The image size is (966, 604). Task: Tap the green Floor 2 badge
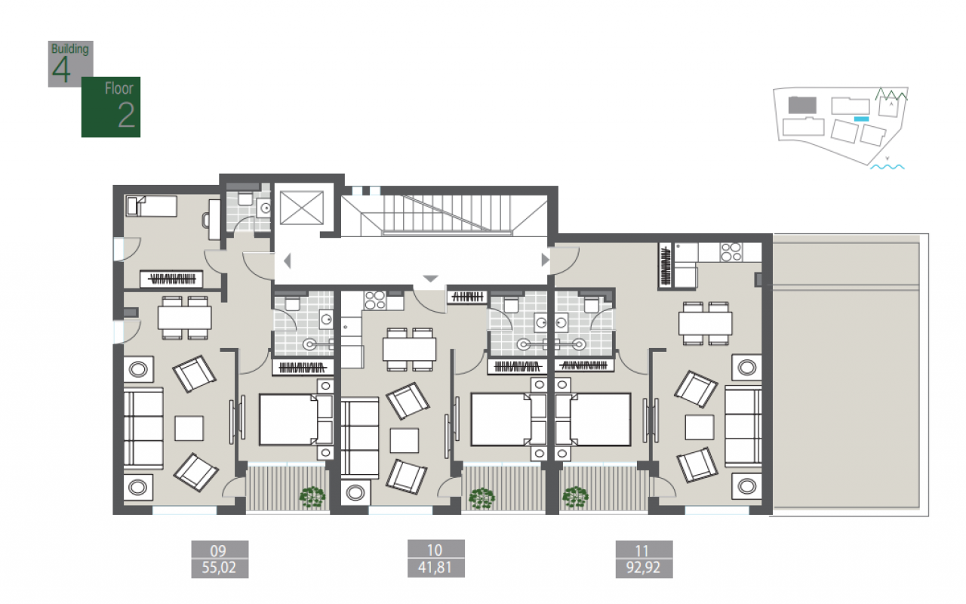point(111,107)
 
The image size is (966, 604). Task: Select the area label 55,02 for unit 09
point(220,568)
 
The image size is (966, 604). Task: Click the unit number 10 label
point(435,550)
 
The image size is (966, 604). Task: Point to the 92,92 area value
point(644,568)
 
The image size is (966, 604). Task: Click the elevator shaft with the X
point(301,208)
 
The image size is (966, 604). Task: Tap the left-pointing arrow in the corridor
point(288,261)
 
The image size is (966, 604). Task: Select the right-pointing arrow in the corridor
point(546,260)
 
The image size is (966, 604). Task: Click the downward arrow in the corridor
point(430,279)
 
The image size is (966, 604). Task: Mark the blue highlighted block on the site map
point(861,119)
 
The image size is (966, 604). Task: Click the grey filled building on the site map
point(802,105)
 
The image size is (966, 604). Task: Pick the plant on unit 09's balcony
point(312,498)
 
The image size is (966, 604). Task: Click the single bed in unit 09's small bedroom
point(152,206)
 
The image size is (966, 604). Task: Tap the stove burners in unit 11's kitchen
point(731,252)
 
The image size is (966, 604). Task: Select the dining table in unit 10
point(409,350)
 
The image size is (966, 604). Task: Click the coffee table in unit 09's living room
point(189,428)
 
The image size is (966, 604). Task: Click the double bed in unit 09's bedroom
point(296,419)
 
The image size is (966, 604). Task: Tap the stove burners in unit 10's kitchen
point(375,300)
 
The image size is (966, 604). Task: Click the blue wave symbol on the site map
point(887,167)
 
